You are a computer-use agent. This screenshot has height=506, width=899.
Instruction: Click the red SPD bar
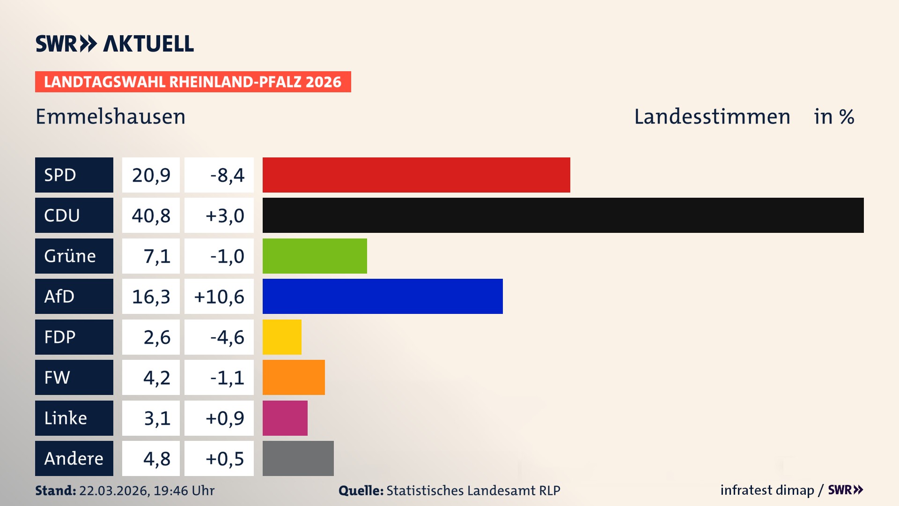(416, 175)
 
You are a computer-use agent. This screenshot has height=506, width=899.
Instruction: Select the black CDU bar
(563, 215)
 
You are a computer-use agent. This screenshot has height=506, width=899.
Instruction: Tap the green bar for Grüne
(315, 256)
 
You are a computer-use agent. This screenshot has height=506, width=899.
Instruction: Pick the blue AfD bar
(383, 296)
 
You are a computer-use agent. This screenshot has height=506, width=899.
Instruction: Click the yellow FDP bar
(282, 337)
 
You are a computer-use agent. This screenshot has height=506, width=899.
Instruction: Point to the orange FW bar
(294, 377)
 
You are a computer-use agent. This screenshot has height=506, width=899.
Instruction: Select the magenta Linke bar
(285, 418)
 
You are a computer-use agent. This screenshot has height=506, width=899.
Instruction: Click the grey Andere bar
(298, 458)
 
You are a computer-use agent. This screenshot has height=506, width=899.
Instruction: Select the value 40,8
(151, 216)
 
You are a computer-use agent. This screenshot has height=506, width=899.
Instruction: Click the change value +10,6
(219, 297)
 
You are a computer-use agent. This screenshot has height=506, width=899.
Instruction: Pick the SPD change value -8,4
(227, 175)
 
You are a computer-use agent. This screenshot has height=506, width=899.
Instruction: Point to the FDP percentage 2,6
(157, 337)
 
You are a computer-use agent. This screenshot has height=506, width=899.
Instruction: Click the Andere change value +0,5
(225, 459)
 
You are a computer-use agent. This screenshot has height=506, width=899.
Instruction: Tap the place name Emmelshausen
(111, 117)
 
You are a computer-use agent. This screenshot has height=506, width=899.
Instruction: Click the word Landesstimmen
(712, 117)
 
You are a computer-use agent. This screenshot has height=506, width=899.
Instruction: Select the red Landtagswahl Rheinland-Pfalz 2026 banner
(193, 82)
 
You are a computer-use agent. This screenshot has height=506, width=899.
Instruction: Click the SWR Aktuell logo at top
(115, 44)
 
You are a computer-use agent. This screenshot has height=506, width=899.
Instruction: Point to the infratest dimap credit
(766, 490)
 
